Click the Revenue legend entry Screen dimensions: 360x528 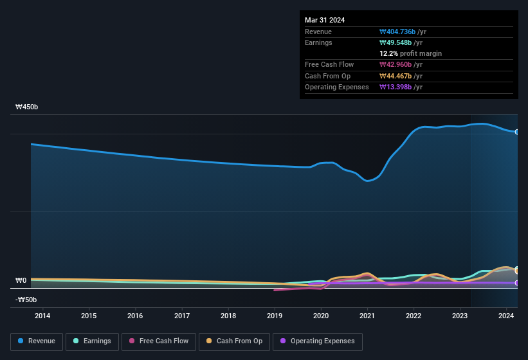click(x=37, y=341)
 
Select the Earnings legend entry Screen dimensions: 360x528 click(x=92, y=341)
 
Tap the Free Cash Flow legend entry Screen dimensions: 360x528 click(x=159, y=341)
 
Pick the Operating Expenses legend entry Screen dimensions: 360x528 click(x=317, y=341)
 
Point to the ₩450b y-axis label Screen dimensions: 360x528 click(x=27, y=107)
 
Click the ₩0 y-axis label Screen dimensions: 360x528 click(x=21, y=281)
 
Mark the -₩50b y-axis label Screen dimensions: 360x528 click(x=26, y=300)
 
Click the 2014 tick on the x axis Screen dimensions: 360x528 click(x=42, y=316)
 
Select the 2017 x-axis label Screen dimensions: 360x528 click(x=182, y=316)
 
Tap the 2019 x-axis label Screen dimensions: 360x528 click(x=275, y=316)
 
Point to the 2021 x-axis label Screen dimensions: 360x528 click(x=367, y=316)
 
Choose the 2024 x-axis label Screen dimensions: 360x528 click(x=506, y=316)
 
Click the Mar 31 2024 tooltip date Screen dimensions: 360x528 click(x=325, y=20)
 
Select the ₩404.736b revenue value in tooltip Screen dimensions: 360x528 click(x=402, y=32)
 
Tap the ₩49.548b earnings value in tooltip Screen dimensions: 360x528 click(x=400, y=42)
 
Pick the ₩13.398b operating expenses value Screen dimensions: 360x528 click(x=402, y=87)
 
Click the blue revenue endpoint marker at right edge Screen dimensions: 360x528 click(x=516, y=132)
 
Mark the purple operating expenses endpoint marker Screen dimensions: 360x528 click(x=516, y=283)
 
